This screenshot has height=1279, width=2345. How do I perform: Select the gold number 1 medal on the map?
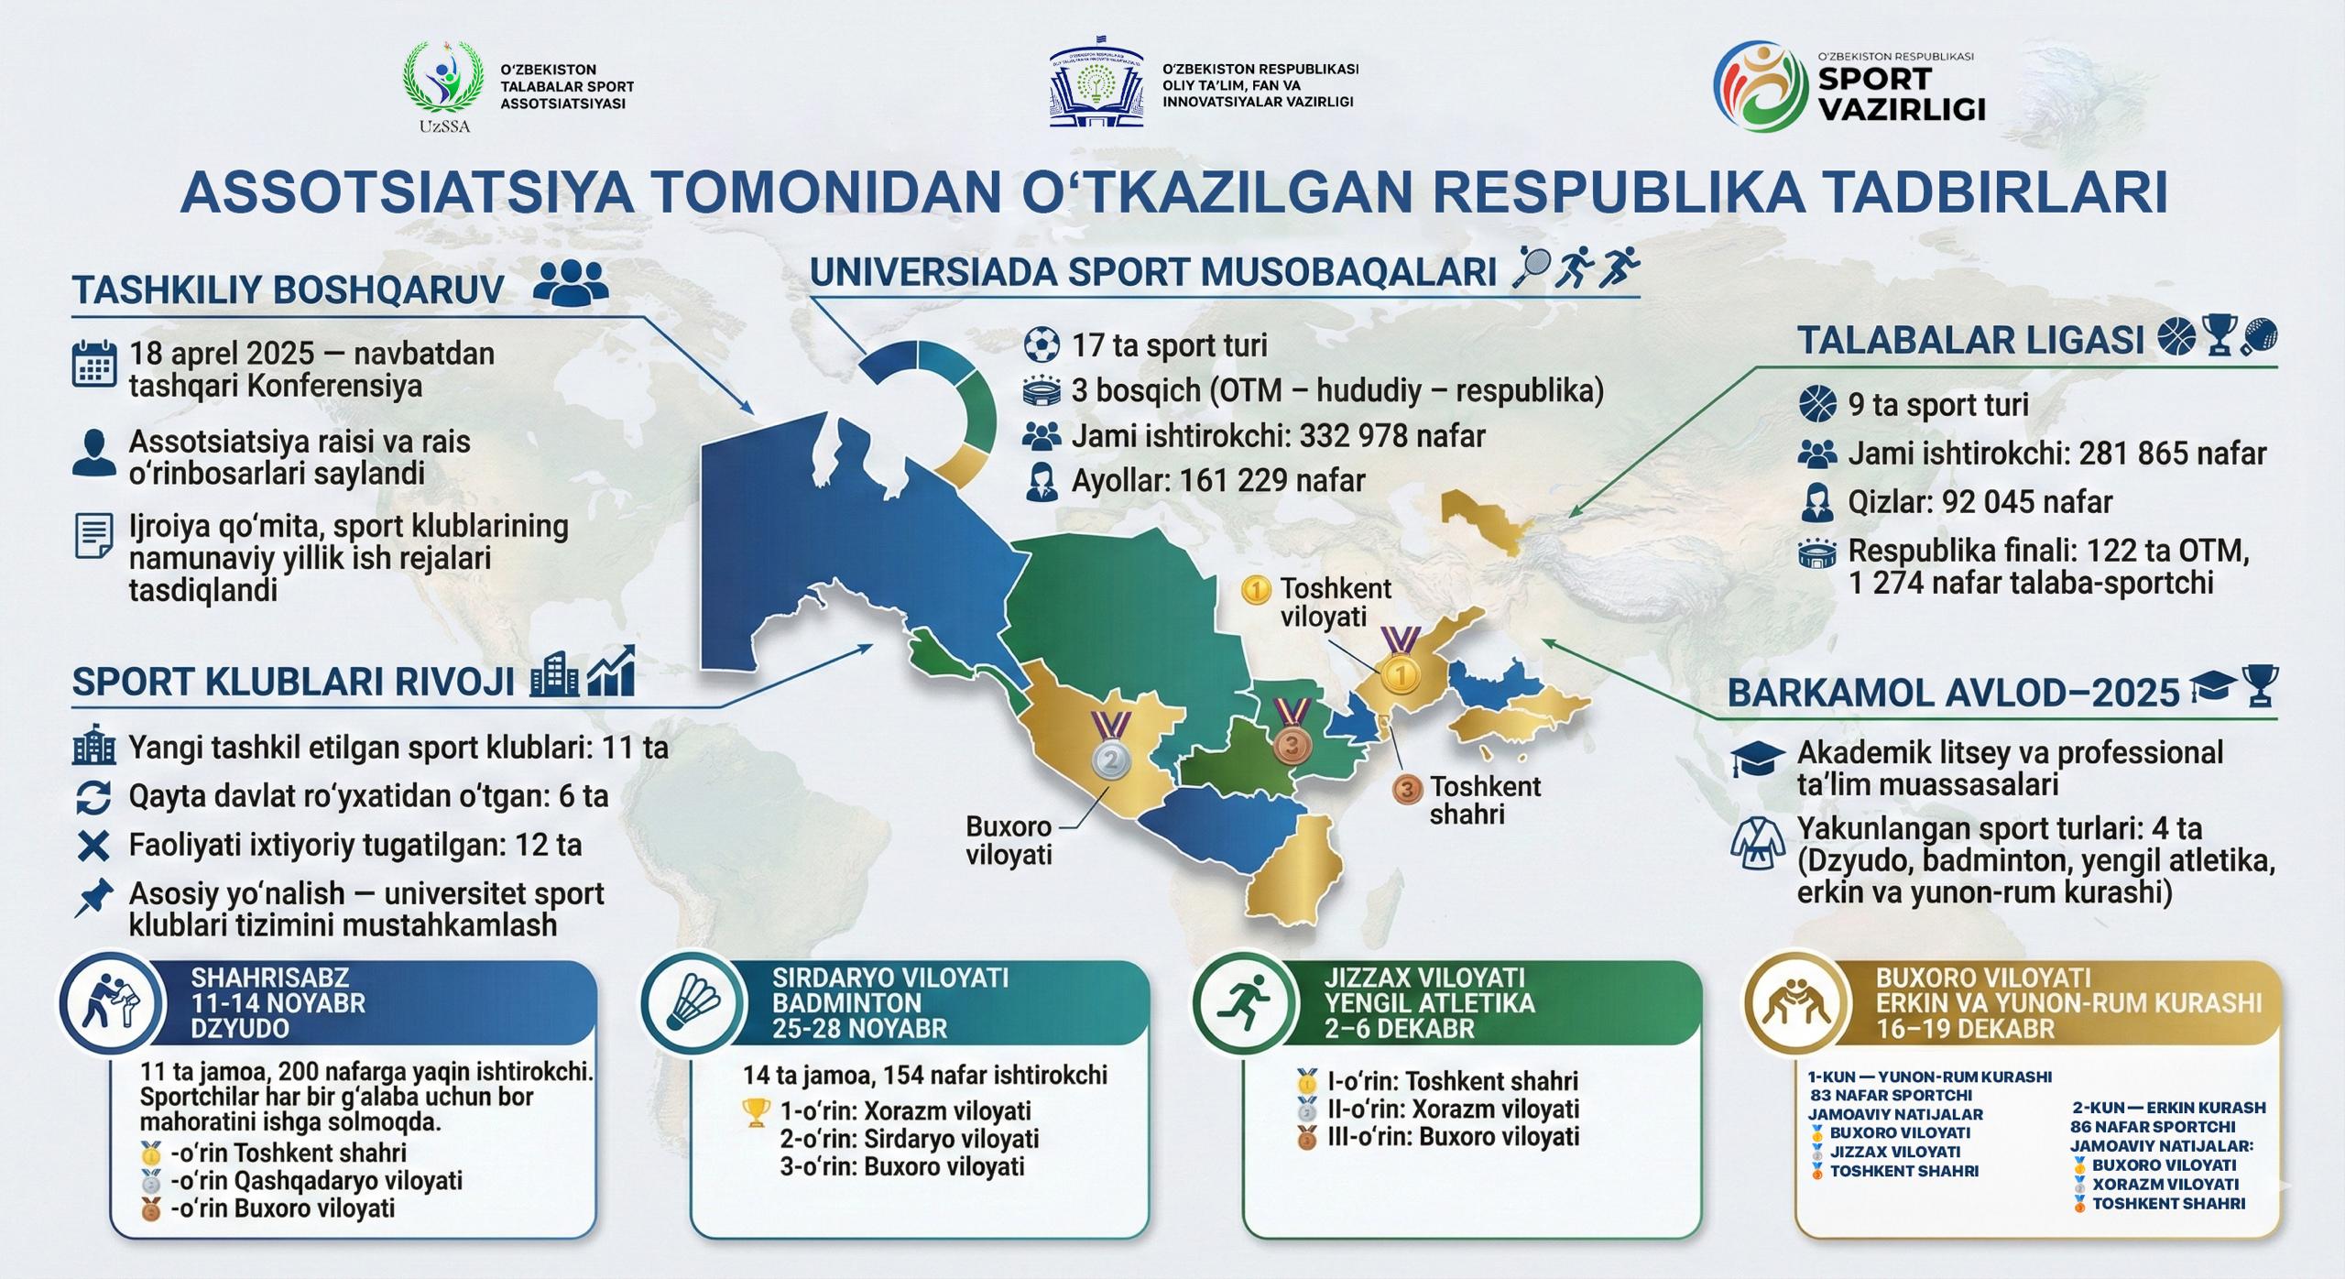(1399, 676)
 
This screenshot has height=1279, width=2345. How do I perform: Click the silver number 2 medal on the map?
(1111, 760)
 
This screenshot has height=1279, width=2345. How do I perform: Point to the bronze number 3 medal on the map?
(1291, 745)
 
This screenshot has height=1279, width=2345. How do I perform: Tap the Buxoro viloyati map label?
(1009, 841)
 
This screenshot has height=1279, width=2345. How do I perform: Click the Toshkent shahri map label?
(1485, 800)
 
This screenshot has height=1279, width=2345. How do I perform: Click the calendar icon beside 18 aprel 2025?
(93, 366)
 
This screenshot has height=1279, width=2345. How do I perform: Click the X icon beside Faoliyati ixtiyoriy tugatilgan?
(93, 845)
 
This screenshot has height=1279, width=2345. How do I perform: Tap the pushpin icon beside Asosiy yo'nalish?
(93, 898)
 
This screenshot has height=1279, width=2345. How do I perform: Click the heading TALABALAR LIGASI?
(1970, 341)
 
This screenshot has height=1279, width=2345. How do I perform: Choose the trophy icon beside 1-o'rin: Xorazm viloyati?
(757, 1112)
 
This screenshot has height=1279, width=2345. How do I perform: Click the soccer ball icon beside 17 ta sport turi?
(1041, 345)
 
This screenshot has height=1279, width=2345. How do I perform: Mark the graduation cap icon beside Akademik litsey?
(1758, 760)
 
